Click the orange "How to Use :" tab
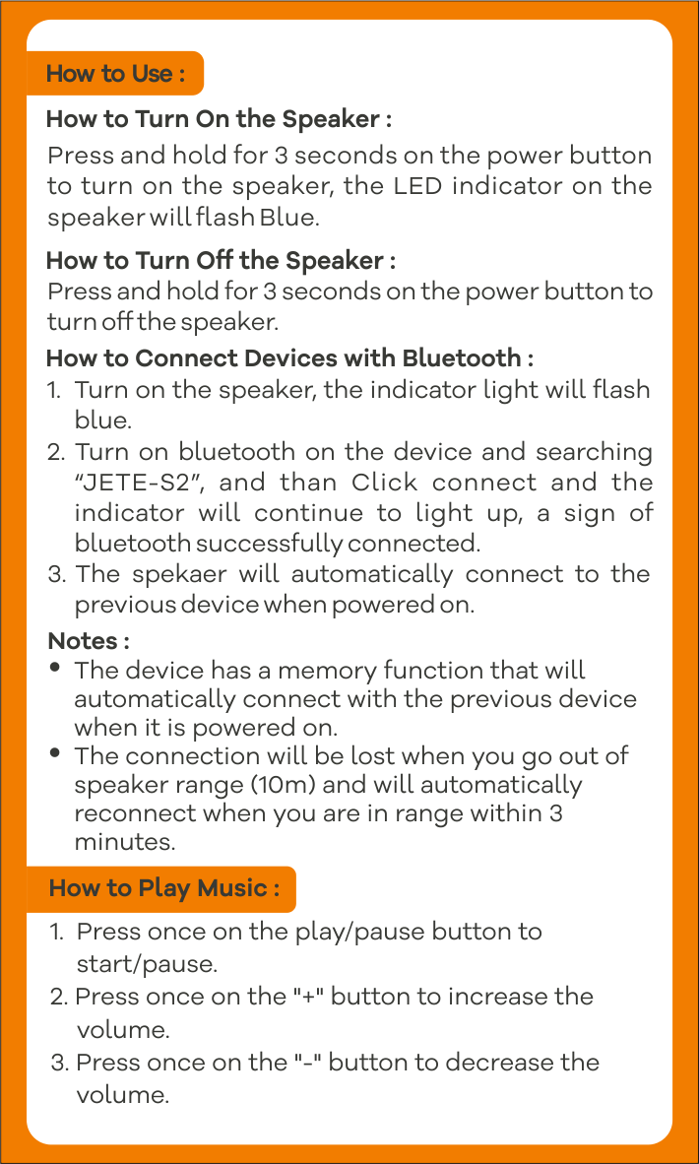(x=115, y=74)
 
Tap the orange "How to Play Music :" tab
(x=161, y=888)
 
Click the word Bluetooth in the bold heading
(x=462, y=358)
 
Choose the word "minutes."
(x=125, y=843)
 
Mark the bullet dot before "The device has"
(x=55, y=668)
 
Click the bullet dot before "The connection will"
(x=55, y=752)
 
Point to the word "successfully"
(x=270, y=545)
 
